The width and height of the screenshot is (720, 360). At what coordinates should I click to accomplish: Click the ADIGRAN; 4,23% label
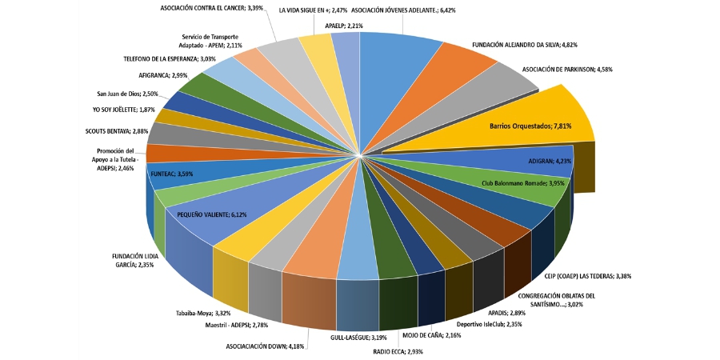pos(549,161)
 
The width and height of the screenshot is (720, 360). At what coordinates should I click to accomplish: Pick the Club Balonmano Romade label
pos(522,183)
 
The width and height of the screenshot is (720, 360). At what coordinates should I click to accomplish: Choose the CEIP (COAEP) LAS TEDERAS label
pos(587,277)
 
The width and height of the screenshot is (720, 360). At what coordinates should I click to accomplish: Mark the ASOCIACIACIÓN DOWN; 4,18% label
pos(265,346)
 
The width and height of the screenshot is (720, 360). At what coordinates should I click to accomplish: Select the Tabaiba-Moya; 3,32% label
pos(203,313)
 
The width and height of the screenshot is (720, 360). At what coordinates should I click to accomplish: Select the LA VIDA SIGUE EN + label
pos(313,11)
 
